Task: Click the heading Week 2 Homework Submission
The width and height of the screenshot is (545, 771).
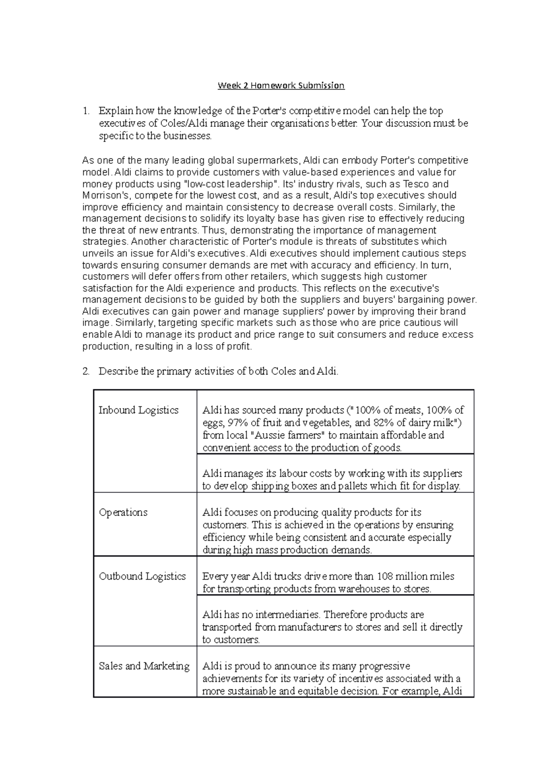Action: tap(281, 85)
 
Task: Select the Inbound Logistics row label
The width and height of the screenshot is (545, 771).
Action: tap(139, 410)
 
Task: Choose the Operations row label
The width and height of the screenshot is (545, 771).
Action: tap(123, 512)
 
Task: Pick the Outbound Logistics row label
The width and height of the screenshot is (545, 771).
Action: tap(142, 576)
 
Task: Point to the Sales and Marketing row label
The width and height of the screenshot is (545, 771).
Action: tap(144, 666)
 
